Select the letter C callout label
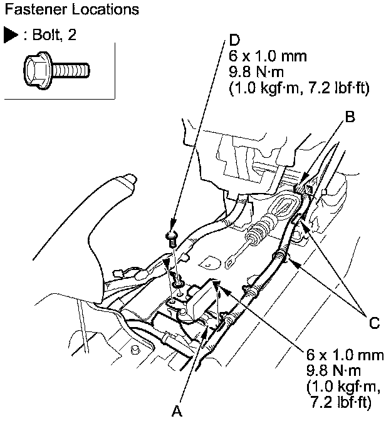pos(374,323)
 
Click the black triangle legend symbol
pos(11,35)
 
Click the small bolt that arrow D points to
pos(172,236)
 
